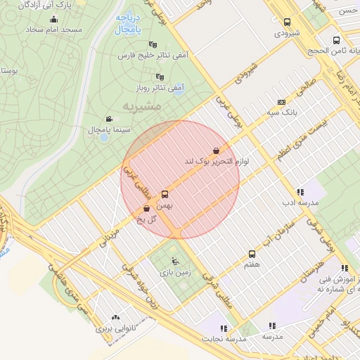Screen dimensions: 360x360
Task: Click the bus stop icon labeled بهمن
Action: [165, 193]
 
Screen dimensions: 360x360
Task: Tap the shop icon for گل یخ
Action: [146, 209]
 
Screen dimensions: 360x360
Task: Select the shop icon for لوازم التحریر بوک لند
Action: [216, 150]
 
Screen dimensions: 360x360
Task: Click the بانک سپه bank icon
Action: [282, 102]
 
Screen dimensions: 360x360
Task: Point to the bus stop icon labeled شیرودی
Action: [286, 22]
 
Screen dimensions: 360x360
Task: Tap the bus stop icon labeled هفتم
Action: [252, 254]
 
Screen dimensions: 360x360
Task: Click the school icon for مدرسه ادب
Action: [300, 191]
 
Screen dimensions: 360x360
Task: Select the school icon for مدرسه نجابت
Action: [224, 328]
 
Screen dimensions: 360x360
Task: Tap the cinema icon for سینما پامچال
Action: [108, 119]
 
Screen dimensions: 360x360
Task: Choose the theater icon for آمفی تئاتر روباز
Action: [160, 77]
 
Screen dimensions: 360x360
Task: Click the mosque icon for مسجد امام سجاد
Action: [53, 20]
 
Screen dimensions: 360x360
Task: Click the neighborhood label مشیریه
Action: [141, 105]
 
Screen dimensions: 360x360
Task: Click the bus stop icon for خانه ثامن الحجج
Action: [335, 40]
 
